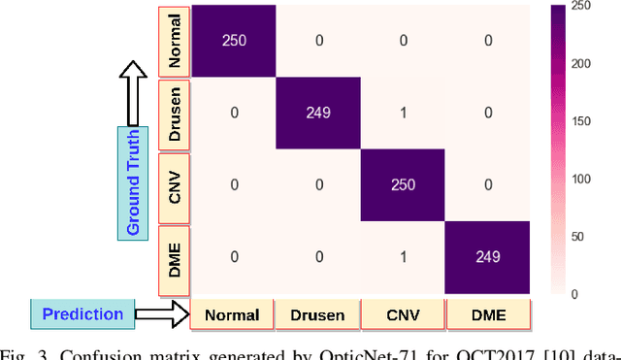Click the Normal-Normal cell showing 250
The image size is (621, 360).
click(x=233, y=42)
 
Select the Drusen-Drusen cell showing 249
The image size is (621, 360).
click(x=318, y=113)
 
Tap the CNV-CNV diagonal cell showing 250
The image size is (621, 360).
click(x=404, y=185)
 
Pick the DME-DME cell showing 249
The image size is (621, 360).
click(x=489, y=257)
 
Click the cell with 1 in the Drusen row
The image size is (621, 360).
click(x=404, y=113)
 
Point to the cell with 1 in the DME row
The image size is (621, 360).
click(x=404, y=257)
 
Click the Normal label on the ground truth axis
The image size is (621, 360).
click(x=175, y=41)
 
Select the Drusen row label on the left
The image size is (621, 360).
click(x=175, y=114)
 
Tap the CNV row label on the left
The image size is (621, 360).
click(x=175, y=185)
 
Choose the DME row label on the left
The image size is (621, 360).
click(x=175, y=257)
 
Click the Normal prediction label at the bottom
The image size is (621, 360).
click(x=232, y=313)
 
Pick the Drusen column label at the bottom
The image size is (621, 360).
click(x=317, y=313)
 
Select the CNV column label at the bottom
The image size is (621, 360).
click(x=404, y=313)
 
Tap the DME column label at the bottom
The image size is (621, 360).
click(x=489, y=313)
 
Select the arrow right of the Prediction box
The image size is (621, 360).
click(x=161, y=313)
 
